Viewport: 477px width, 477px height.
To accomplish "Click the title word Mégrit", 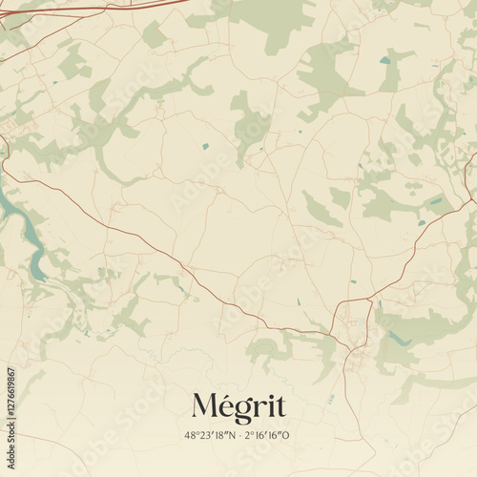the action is click(x=238, y=406).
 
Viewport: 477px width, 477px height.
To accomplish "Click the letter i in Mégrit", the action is click(x=270, y=406).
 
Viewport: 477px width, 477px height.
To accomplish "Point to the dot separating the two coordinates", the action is click(x=238, y=435).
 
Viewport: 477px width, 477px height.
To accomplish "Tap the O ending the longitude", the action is click(x=287, y=435).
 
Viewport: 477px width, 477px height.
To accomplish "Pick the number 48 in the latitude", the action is click(x=191, y=435).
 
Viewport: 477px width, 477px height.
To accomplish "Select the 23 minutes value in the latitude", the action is click(x=204, y=435).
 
